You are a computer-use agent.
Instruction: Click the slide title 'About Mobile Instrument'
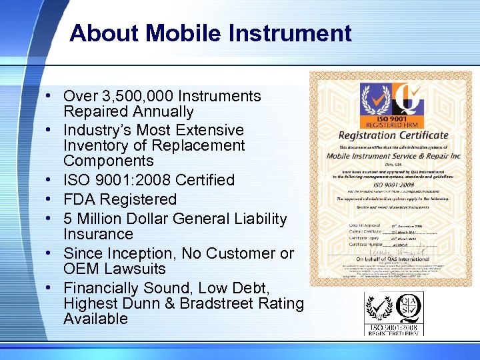(210, 33)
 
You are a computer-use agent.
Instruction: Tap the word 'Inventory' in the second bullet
(95, 145)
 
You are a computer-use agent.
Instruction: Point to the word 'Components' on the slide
(109, 161)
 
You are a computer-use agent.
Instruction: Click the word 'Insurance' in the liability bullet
(98, 234)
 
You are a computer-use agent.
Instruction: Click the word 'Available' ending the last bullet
(95, 319)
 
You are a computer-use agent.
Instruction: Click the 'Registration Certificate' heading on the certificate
(393, 135)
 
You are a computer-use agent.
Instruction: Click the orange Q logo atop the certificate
(410, 99)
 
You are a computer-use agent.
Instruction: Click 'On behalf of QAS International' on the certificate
(393, 259)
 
